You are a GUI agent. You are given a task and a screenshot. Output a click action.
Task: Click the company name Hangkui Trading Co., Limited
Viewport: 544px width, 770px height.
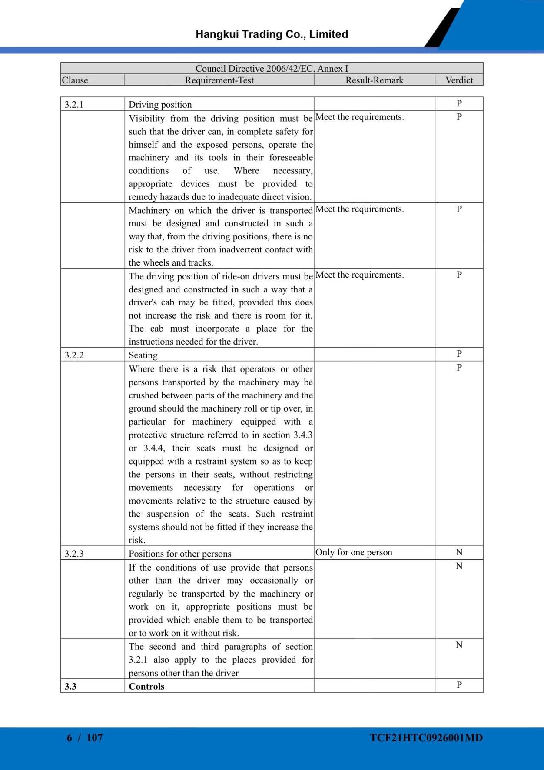272,34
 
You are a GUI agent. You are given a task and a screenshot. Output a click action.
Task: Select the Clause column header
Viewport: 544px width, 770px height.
75,80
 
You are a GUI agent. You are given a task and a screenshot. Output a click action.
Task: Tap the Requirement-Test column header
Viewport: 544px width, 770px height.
219,80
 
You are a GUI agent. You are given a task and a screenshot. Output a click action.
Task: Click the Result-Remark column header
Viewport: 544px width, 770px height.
374,80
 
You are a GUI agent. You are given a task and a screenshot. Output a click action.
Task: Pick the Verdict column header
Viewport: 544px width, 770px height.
459,80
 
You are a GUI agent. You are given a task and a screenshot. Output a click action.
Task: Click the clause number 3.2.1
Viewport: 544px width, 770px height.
74,105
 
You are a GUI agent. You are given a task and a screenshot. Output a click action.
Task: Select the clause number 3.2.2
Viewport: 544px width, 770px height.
74,355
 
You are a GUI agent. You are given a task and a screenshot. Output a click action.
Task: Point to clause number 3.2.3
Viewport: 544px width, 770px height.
74,554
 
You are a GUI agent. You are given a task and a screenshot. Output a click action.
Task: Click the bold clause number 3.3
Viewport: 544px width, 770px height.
70,686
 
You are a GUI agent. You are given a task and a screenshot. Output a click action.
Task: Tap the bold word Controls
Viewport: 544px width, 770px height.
146,686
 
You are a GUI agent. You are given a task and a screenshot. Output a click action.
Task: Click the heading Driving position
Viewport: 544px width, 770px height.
160,105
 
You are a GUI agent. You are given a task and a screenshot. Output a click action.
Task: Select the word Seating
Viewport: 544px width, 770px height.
143,355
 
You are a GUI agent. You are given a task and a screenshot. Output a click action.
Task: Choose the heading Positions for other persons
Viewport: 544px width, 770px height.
180,554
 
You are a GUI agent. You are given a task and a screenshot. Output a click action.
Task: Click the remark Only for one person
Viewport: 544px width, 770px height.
354,552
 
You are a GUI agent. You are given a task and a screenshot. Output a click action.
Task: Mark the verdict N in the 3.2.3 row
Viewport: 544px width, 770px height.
459,552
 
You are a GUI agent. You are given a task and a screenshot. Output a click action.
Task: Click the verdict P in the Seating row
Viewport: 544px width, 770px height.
459,354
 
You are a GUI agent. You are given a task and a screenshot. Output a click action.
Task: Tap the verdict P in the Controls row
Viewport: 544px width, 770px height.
459,685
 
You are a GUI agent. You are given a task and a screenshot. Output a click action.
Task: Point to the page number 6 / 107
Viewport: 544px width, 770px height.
85,737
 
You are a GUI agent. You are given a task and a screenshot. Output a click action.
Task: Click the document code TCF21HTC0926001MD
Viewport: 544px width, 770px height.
426,737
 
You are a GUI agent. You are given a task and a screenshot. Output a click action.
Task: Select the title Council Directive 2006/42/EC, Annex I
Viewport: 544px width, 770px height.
272,69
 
